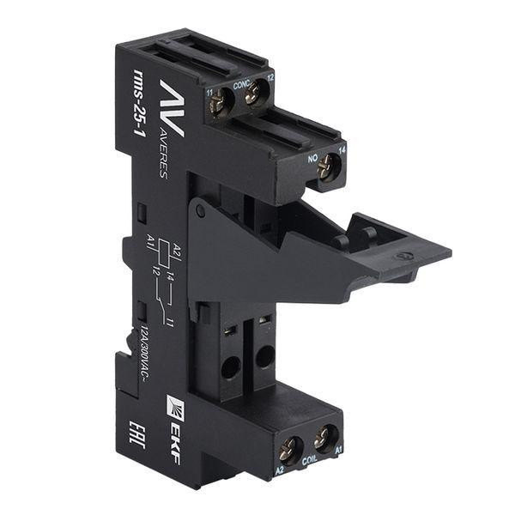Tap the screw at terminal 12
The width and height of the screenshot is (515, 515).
tap(253, 95)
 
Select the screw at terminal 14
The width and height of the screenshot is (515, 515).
tap(326, 168)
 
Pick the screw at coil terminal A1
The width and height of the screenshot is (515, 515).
tap(323, 439)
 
